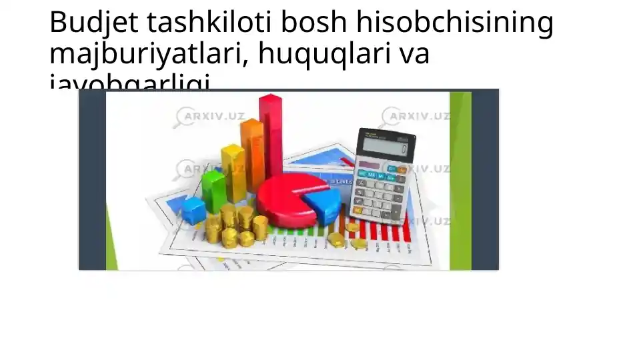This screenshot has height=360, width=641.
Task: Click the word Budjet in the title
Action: [94, 24]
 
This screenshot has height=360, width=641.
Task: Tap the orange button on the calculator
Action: [401, 171]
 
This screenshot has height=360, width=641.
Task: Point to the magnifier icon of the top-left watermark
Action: [182, 117]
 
